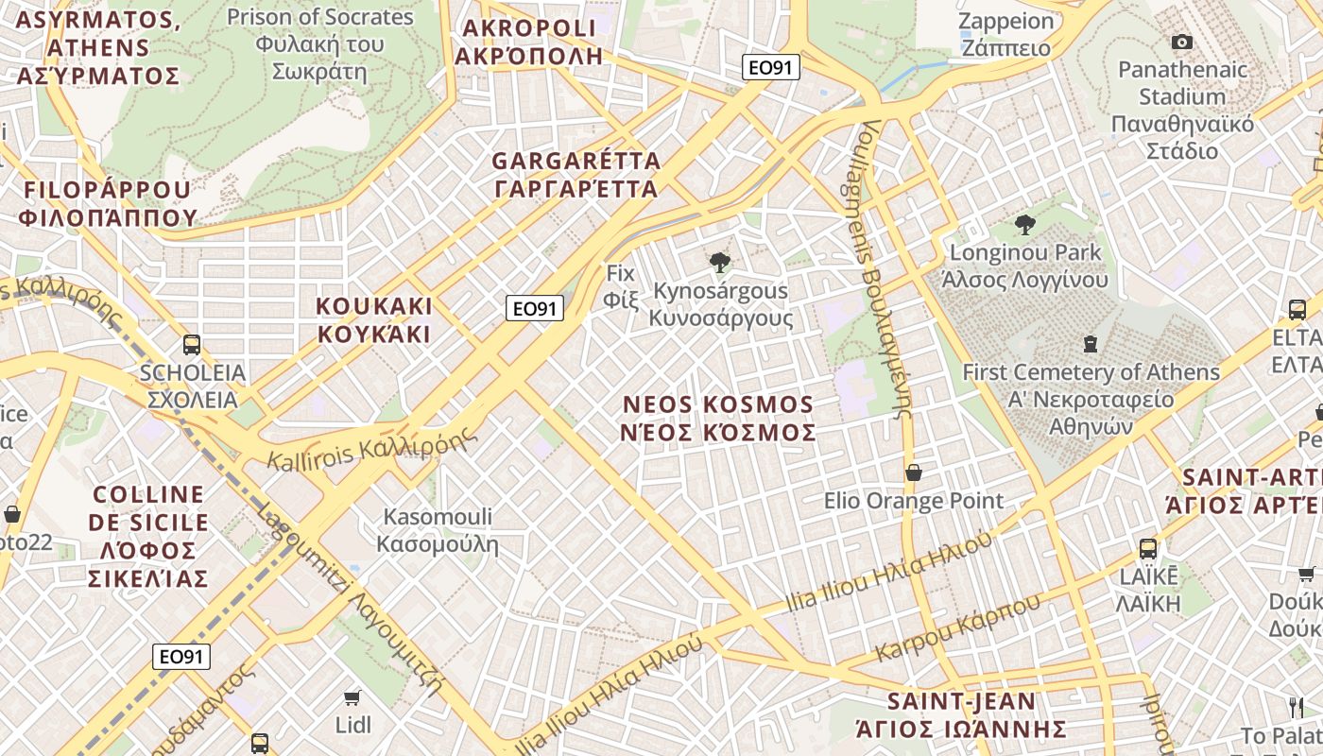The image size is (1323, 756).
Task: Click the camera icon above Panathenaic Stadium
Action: [x=1181, y=42]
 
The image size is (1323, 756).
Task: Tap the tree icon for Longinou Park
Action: [x=1025, y=225]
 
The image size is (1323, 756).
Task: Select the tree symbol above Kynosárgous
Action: [x=720, y=263]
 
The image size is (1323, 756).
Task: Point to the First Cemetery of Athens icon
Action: [x=1091, y=344]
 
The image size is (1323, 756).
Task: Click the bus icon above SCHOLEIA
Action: [x=192, y=345]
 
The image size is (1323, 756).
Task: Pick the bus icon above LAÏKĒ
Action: [x=1148, y=548]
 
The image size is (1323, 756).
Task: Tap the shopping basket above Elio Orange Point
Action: [x=914, y=472]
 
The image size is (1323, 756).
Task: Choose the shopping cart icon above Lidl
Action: [x=352, y=697]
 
